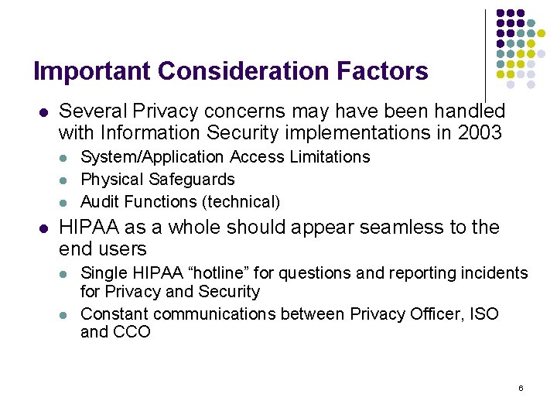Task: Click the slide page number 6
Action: point(521,387)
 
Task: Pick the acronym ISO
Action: point(484,313)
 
